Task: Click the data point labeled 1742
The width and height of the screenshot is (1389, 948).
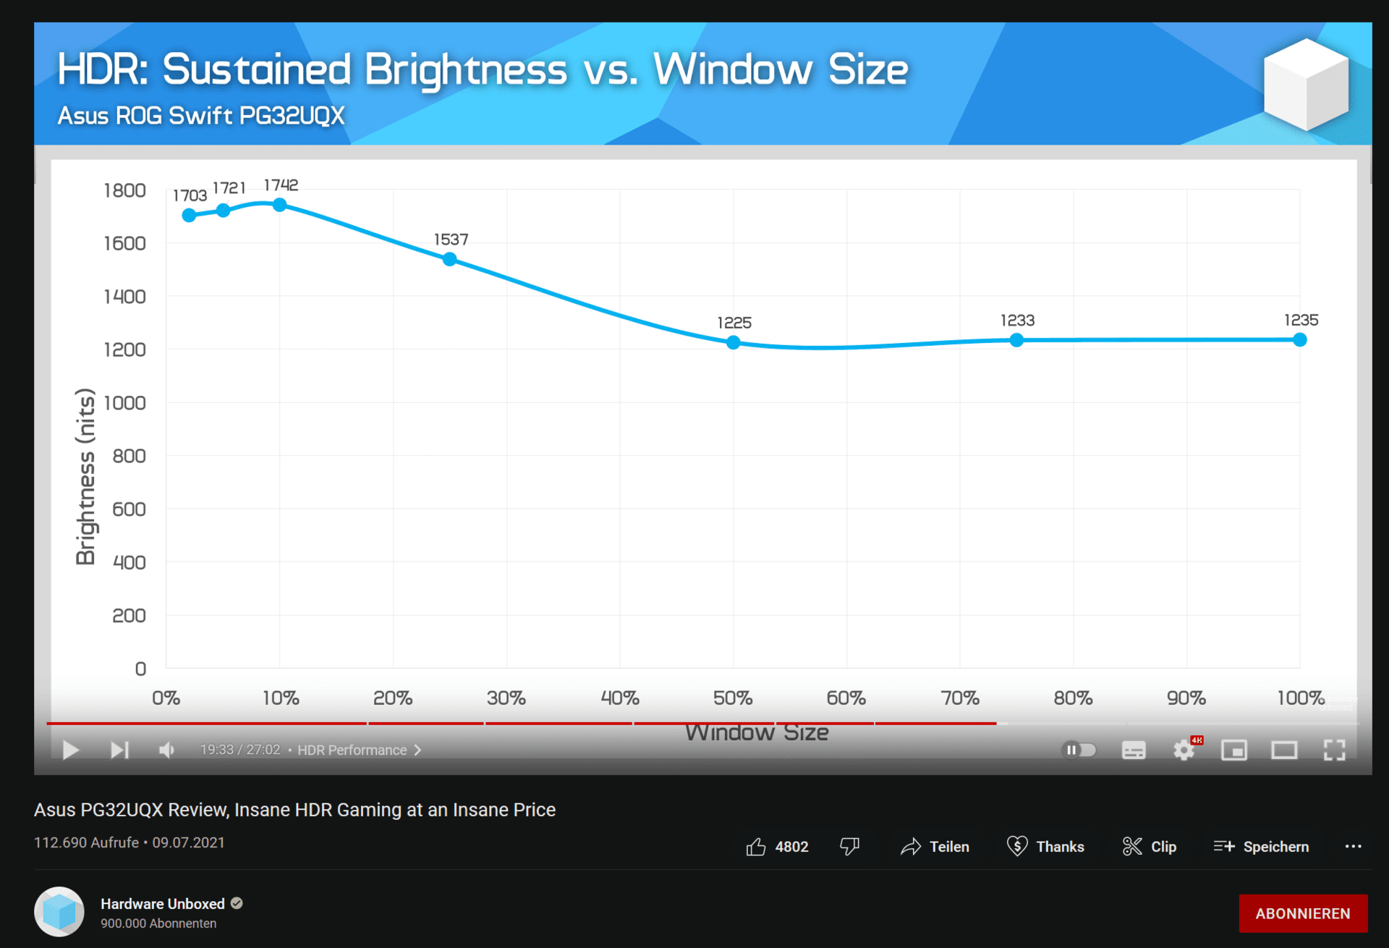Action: coord(279,205)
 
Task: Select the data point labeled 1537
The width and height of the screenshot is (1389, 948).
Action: coord(450,259)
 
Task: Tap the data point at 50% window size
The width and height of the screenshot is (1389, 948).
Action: coord(734,342)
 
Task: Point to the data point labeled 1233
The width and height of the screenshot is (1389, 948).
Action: coord(1016,340)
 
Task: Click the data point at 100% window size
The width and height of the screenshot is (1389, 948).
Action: coord(1300,339)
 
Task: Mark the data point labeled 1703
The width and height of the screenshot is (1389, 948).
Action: coord(189,215)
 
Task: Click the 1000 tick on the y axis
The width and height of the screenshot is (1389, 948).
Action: coord(125,403)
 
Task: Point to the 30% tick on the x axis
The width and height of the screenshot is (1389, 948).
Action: coord(506,698)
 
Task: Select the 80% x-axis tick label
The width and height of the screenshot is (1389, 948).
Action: coord(1073,698)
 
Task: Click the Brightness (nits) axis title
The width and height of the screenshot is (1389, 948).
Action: coord(85,476)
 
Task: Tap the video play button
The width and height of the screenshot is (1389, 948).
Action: coord(71,750)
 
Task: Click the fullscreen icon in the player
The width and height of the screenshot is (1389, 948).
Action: coord(1334,750)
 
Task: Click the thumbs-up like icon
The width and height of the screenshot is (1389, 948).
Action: coord(756,847)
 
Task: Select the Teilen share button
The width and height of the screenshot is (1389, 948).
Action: coord(935,847)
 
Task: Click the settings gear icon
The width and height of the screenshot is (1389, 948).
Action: coord(1184,750)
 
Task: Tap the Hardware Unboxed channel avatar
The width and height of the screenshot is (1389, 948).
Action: coord(59,912)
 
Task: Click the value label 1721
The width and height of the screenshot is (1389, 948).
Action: coord(229,188)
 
